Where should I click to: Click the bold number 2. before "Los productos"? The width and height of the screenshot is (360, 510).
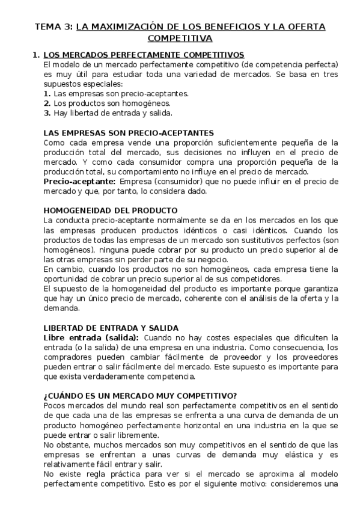pyautogui.click(x=47, y=103)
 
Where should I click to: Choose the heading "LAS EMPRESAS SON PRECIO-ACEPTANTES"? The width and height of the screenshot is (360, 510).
pyautogui.click(x=129, y=134)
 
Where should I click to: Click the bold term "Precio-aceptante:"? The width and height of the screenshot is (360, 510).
pyautogui.click(x=80, y=181)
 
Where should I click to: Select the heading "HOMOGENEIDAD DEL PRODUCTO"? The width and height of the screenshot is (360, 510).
pyautogui.click(x=111, y=210)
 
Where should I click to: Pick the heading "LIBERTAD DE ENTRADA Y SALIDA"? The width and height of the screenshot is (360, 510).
pyautogui.click(x=111, y=328)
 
